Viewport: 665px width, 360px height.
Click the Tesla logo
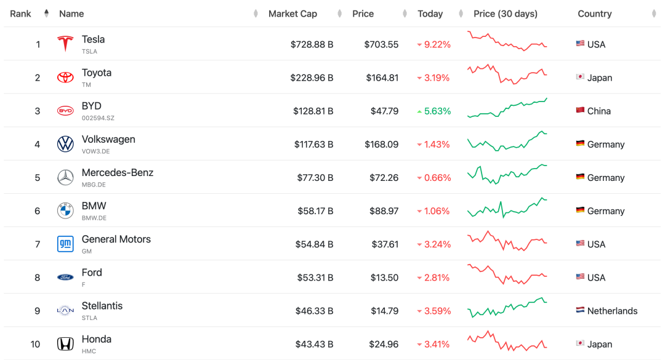coord(65,44)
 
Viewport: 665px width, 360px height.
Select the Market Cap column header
coord(292,14)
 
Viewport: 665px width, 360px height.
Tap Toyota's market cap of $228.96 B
coord(312,78)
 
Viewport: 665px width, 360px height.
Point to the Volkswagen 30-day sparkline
coord(507,142)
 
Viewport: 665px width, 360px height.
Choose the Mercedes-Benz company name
coord(118,172)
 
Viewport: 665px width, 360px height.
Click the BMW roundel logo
coord(65,210)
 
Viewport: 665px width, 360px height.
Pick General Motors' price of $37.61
coord(384,244)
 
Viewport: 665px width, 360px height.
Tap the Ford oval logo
coord(65,278)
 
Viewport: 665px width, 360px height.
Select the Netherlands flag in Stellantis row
coord(580,311)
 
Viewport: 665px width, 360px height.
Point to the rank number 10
coord(35,344)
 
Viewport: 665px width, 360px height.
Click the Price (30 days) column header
coord(505,14)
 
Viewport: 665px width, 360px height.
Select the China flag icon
coord(580,111)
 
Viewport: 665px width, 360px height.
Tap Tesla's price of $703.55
coord(381,44)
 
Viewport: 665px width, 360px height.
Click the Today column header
coord(430,14)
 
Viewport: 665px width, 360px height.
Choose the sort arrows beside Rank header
coord(47,14)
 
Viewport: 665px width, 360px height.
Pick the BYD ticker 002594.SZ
coord(98,118)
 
